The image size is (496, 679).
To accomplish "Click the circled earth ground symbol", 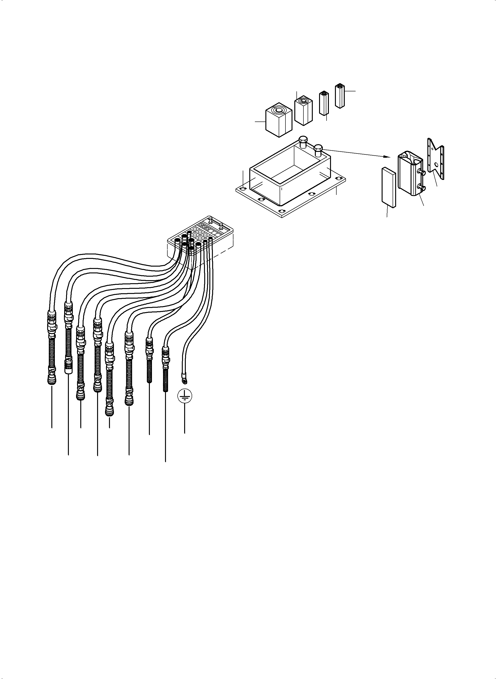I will click(x=185, y=397).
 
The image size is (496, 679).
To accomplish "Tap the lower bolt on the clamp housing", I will click(x=422, y=189).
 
